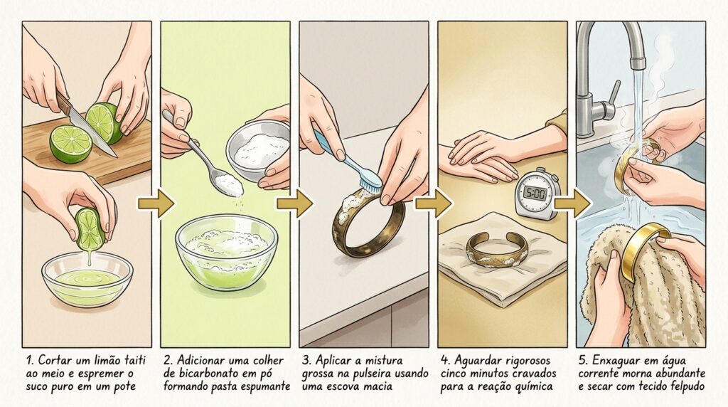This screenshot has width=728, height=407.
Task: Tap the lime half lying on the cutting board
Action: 70,144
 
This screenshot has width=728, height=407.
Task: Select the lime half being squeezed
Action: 90,228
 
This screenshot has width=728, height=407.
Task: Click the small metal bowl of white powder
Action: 258,149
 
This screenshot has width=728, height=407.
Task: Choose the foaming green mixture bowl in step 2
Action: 226,251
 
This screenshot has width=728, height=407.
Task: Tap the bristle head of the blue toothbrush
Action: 370,184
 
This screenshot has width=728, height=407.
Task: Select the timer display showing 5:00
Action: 534,191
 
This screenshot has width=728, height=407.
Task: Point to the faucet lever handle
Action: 612,98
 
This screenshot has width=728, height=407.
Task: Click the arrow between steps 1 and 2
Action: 156,203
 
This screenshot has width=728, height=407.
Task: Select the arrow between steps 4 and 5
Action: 572,203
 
